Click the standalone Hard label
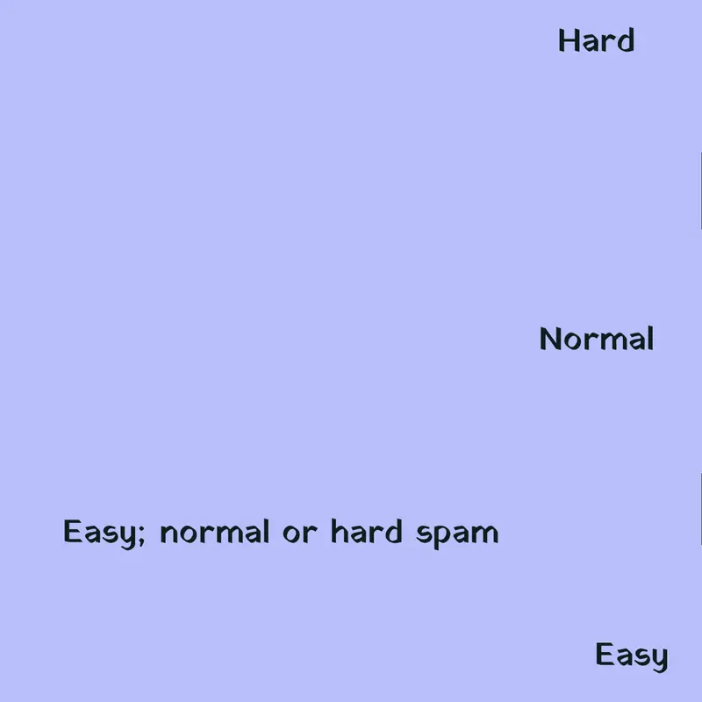click(x=597, y=40)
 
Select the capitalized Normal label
click(x=597, y=339)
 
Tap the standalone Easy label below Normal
click(x=632, y=655)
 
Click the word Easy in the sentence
click(x=99, y=533)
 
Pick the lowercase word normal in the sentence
click(x=214, y=532)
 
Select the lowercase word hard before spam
click(x=367, y=532)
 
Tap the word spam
click(x=457, y=535)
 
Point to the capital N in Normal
click(x=551, y=339)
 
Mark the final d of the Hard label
click(x=626, y=40)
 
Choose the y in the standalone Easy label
click(x=659, y=660)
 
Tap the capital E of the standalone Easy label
click(x=605, y=654)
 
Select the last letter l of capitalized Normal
click(x=651, y=339)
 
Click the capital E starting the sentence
click(x=73, y=531)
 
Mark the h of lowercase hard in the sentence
click(x=339, y=532)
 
